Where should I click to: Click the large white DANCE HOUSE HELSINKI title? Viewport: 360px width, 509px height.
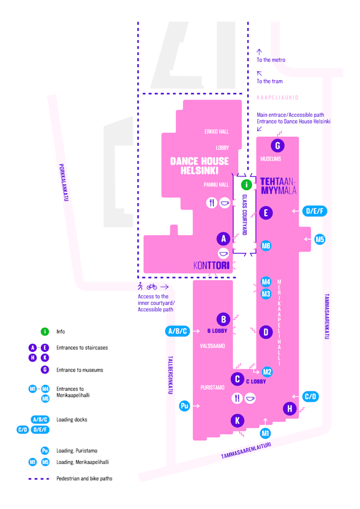pos(199,165)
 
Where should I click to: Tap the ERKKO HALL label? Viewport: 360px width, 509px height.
pos(217,131)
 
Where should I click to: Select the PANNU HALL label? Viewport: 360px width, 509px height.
pos(216,185)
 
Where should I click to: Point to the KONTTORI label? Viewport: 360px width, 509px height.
pos(211,266)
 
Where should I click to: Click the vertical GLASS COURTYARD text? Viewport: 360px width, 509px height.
pos(245,215)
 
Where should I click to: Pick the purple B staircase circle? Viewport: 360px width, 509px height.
pos(224,320)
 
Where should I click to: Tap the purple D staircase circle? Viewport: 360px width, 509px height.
pos(266,332)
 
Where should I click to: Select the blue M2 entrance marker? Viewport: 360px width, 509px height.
pos(267,372)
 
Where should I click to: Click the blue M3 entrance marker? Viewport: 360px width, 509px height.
pos(266,294)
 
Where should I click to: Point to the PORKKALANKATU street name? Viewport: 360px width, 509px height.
pos(64,182)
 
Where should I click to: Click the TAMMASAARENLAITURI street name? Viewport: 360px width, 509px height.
pos(246,451)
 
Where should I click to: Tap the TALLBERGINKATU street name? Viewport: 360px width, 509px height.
pos(170,375)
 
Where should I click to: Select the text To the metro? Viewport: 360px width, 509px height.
pos(271,60)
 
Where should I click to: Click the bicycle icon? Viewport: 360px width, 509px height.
pos(152,287)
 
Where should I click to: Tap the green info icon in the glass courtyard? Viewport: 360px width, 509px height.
pos(247,185)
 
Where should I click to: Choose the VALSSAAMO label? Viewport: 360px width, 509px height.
pos(212,346)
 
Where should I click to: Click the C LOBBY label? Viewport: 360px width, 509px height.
pos(256,381)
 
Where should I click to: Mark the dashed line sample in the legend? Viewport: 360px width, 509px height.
pos(38,479)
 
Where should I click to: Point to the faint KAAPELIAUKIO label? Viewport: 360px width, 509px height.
pos(277,97)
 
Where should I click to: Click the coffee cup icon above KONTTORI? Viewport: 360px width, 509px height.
pos(223,253)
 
